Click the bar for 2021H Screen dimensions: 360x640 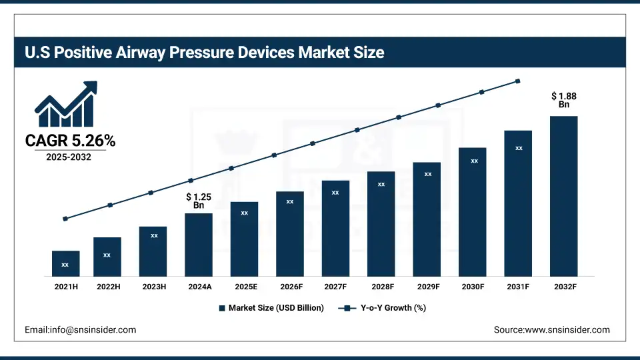click(65, 263)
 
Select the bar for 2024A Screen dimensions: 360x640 click(199, 244)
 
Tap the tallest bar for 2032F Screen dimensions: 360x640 click(563, 196)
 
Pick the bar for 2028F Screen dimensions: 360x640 click(381, 223)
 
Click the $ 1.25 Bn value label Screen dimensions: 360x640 click(199, 201)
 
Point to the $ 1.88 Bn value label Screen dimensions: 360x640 click(564, 100)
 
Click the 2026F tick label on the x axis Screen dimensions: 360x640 click(290, 287)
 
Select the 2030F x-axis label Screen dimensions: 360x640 click(473, 287)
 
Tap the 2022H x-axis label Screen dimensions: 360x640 click(107, 287)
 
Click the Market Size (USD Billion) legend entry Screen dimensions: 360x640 click(271, 308)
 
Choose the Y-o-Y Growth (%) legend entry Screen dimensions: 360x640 click(383, 308)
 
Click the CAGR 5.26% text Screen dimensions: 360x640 click(71, 141)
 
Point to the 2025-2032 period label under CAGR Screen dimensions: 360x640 click(69, 157)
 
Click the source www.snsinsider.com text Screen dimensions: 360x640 click(551, 329)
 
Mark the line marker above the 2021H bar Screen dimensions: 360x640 click(65, 219)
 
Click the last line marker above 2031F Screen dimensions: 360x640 click(518, 81)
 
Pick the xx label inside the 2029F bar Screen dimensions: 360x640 click(428, 174)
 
